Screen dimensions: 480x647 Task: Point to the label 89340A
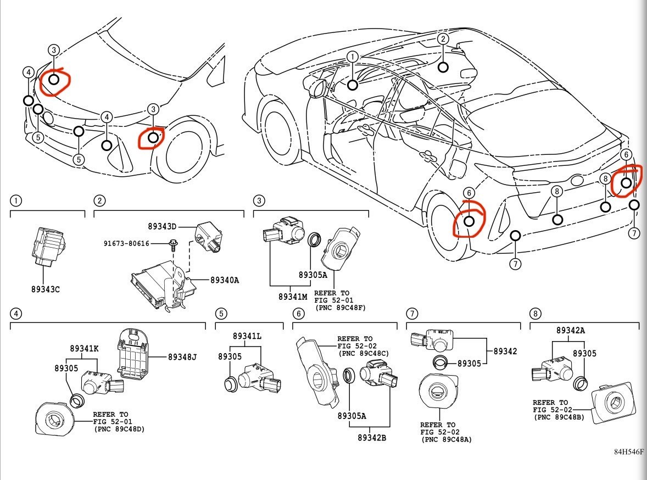[225, 280]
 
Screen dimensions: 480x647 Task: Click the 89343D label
[162, 226]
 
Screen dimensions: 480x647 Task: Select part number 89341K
[85, 348]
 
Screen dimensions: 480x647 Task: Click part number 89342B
[372, 437]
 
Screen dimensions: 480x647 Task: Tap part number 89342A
[570, 330]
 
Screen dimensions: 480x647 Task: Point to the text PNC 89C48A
[447, 439]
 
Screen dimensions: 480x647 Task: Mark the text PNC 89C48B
[559, 417]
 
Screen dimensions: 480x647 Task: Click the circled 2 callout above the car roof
[443, 39]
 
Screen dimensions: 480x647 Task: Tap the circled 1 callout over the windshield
[353, 57]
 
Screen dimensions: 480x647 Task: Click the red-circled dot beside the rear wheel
[468, 221]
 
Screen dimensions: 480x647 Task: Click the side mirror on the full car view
[315, 88]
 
